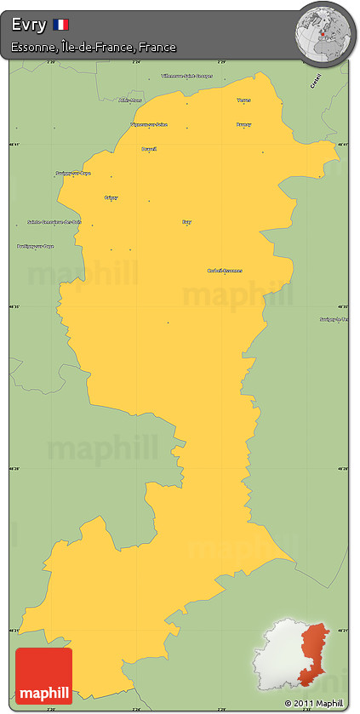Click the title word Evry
pos(29,26)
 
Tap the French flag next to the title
pos(61,26)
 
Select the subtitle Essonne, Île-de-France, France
pos(94,48)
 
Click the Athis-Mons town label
pos(130,100)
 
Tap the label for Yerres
pos(244,100)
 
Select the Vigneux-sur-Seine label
pos(149,125)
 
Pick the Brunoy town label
pos(243,125)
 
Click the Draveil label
pos(149,149)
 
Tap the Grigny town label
pos(111,197)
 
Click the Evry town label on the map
pos(186,222)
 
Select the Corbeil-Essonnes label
pos(225,271)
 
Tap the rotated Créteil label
pos(316,82)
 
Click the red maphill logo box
pos(44,676)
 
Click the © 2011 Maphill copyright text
pos(315,703)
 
